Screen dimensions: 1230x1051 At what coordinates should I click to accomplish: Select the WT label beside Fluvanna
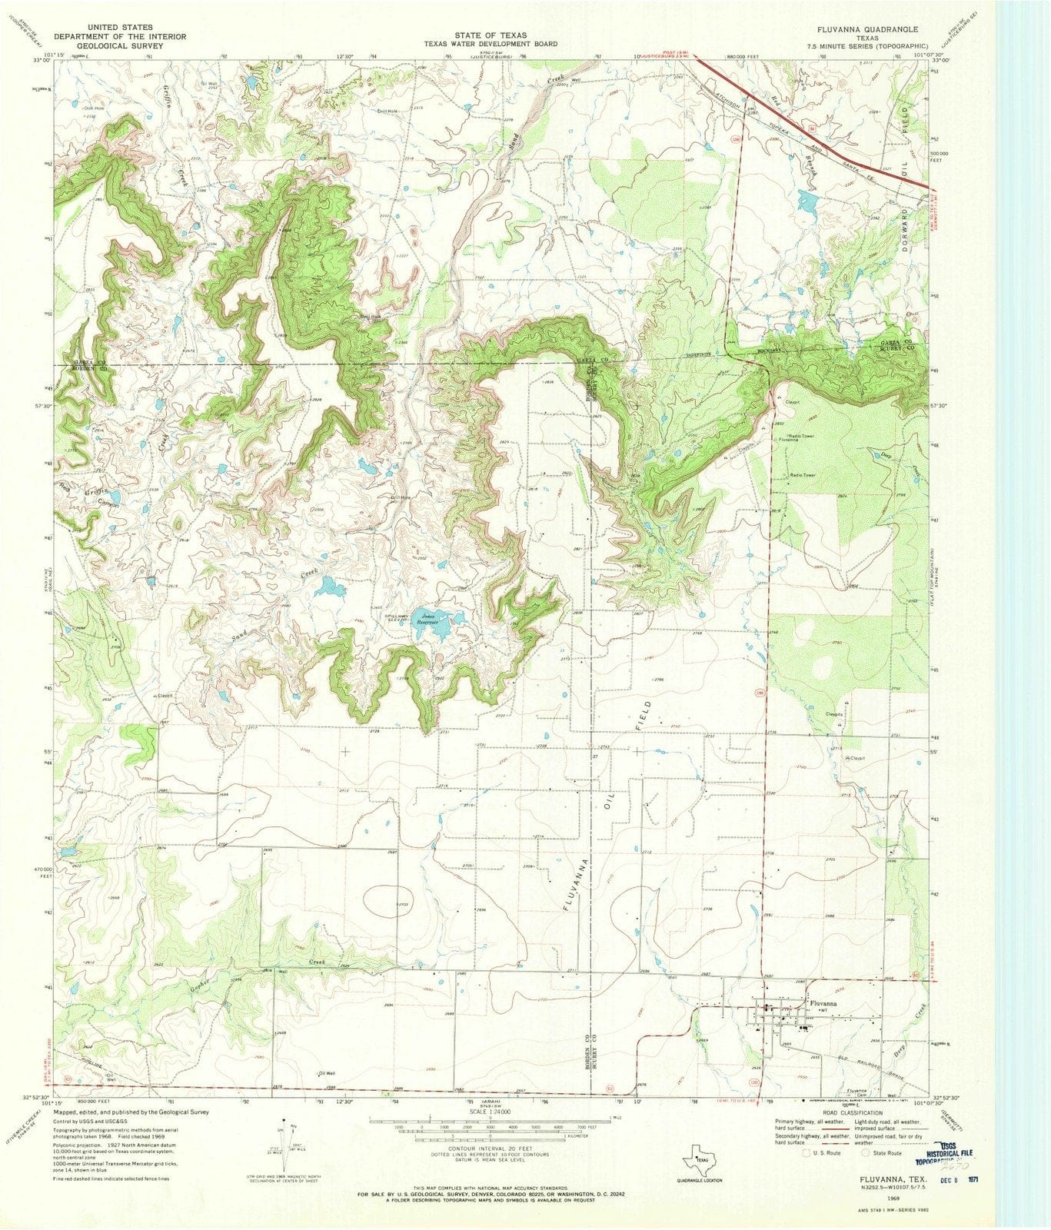(822, 1011)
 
